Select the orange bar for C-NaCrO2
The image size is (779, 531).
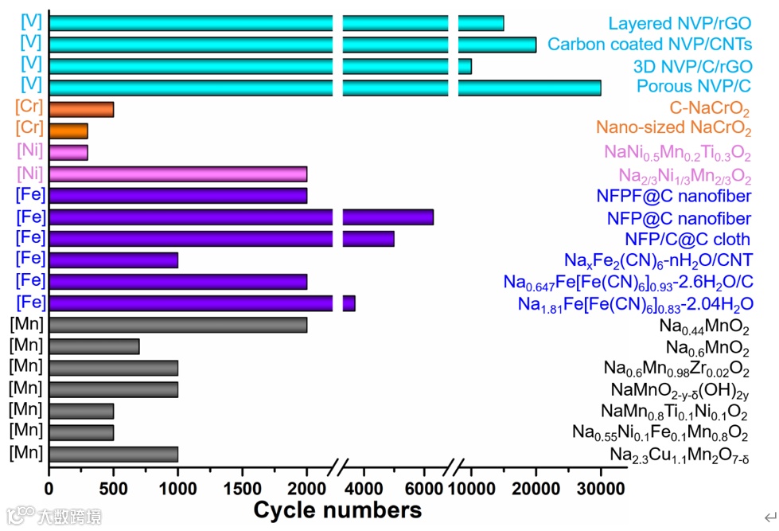[x=81, y=109]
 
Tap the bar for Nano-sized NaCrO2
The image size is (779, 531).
[x=68, y=131]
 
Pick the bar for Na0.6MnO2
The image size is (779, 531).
[x=94, y=346]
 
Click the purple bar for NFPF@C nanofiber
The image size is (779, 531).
[x=177, y=195]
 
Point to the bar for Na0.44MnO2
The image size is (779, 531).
[x=177, y=325]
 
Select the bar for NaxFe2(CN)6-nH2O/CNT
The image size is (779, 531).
[x=113, y=260]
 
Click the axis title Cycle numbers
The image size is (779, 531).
[x=337, y=508]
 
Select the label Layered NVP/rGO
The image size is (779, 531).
[x=680, y=24]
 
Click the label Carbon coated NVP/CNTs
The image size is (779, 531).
[x=649, y=45]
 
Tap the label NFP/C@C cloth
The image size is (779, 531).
[x=687, y=239]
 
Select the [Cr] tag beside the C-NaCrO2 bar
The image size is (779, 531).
[x=29, y=105]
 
